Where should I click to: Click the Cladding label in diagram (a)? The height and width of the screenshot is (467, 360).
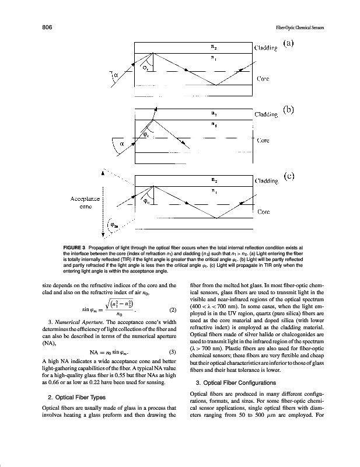(x=267, y=48)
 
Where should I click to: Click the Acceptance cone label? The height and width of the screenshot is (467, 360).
(x=85, y=203)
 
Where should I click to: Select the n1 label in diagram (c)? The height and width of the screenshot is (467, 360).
(x=214, y=190)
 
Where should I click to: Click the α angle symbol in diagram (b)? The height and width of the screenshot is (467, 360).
(x=123, y=143)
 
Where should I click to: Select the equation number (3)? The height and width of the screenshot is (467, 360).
(x=172, y=352)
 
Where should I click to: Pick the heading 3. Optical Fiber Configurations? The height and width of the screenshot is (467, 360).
(x=237, y=382)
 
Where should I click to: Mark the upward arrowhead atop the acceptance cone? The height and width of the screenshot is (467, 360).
(x=103, y=173)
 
